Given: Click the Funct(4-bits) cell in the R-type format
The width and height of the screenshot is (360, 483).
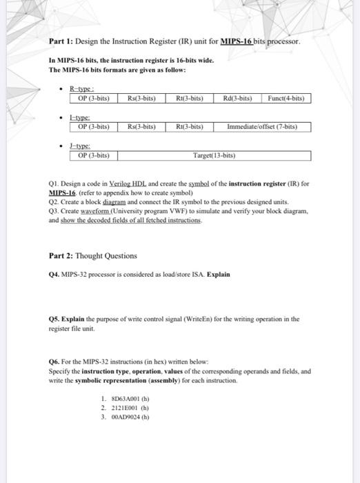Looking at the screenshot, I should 289,99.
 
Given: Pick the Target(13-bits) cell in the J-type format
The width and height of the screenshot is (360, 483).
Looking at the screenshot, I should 214,155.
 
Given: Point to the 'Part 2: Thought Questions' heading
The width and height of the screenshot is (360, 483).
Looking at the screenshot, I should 93,256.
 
